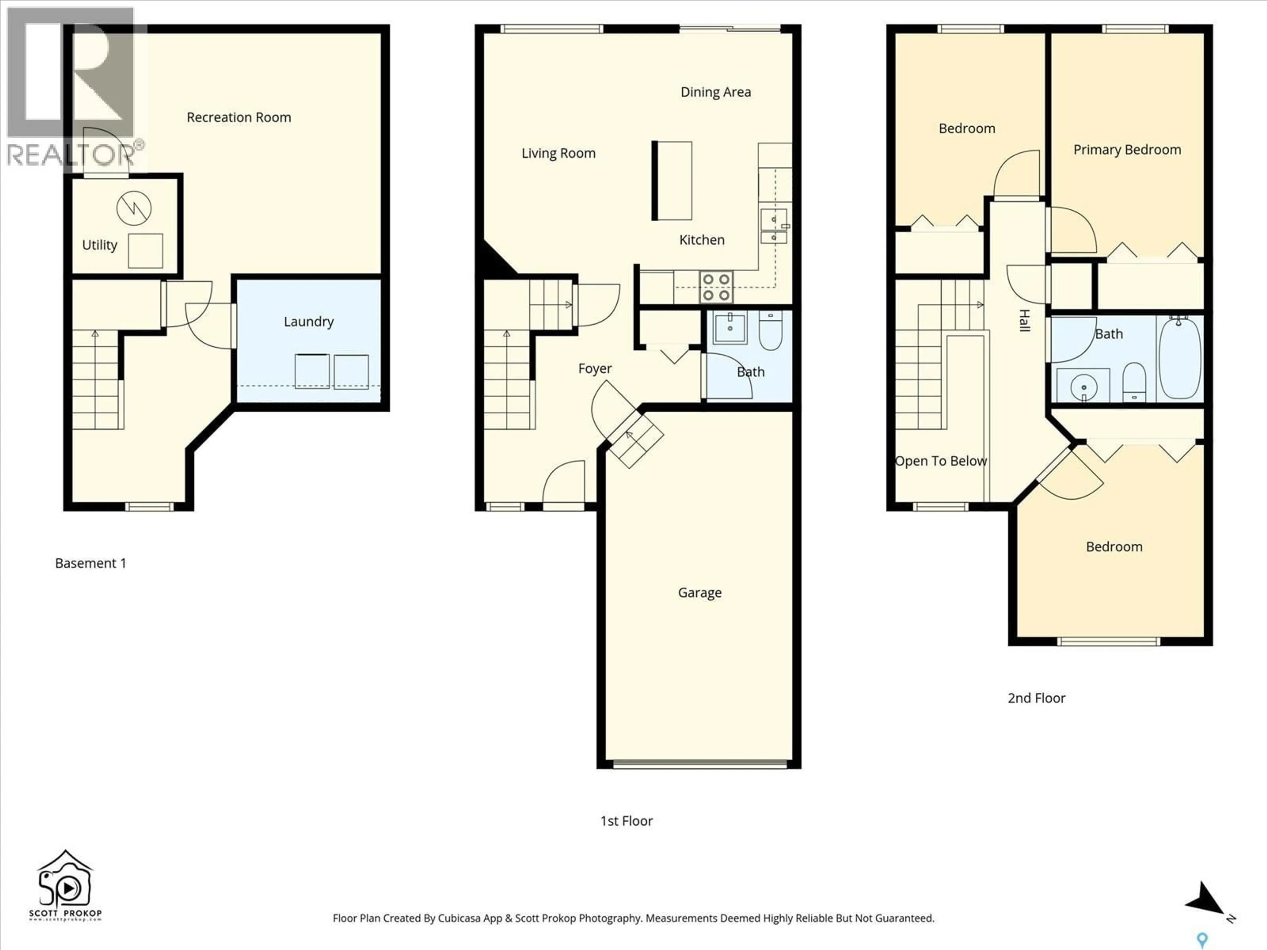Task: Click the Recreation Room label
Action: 239,117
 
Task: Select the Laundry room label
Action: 309,322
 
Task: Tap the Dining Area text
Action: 715,92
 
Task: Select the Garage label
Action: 699,593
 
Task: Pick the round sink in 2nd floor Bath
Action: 1083,388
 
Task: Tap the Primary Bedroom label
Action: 1127,150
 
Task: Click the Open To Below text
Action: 940,461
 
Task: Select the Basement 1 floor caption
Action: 90,563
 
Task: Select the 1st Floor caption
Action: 626,821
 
